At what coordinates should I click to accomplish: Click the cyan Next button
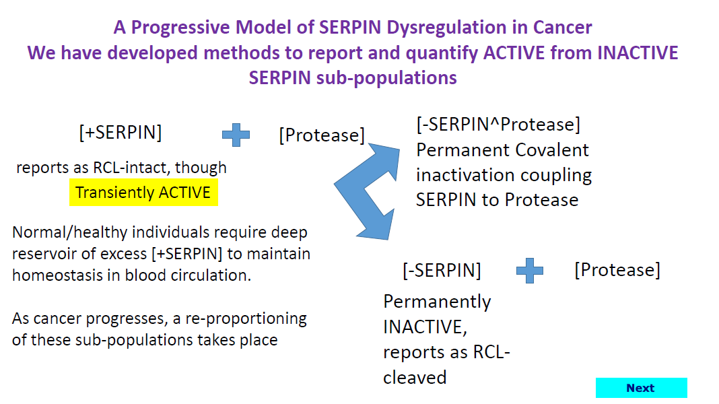[641, 388]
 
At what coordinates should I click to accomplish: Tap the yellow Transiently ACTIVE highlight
[143, 193]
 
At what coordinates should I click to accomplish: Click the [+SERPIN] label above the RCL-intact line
[121, 133]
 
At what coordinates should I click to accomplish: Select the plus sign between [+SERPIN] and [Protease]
[236, 135]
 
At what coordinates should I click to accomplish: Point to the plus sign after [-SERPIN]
[530, 271]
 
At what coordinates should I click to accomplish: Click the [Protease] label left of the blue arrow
[322, 135]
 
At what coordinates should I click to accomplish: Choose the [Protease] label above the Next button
[617, 270]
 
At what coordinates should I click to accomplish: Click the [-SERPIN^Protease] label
[498, 125]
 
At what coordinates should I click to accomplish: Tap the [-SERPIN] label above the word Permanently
[442, 271]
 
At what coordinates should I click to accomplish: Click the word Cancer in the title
[562, 28]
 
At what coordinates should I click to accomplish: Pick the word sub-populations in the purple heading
[386, 78]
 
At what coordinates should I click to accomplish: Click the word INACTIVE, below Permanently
[425, 327]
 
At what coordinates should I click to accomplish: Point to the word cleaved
[415, 378]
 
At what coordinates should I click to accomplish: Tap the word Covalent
[552, 150]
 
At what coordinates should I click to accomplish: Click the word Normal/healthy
[70, 232]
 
